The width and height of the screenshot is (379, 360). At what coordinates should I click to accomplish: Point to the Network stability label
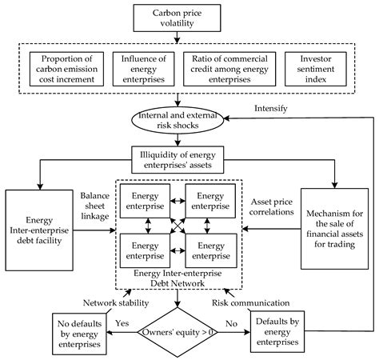click(x=115, y=303)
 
